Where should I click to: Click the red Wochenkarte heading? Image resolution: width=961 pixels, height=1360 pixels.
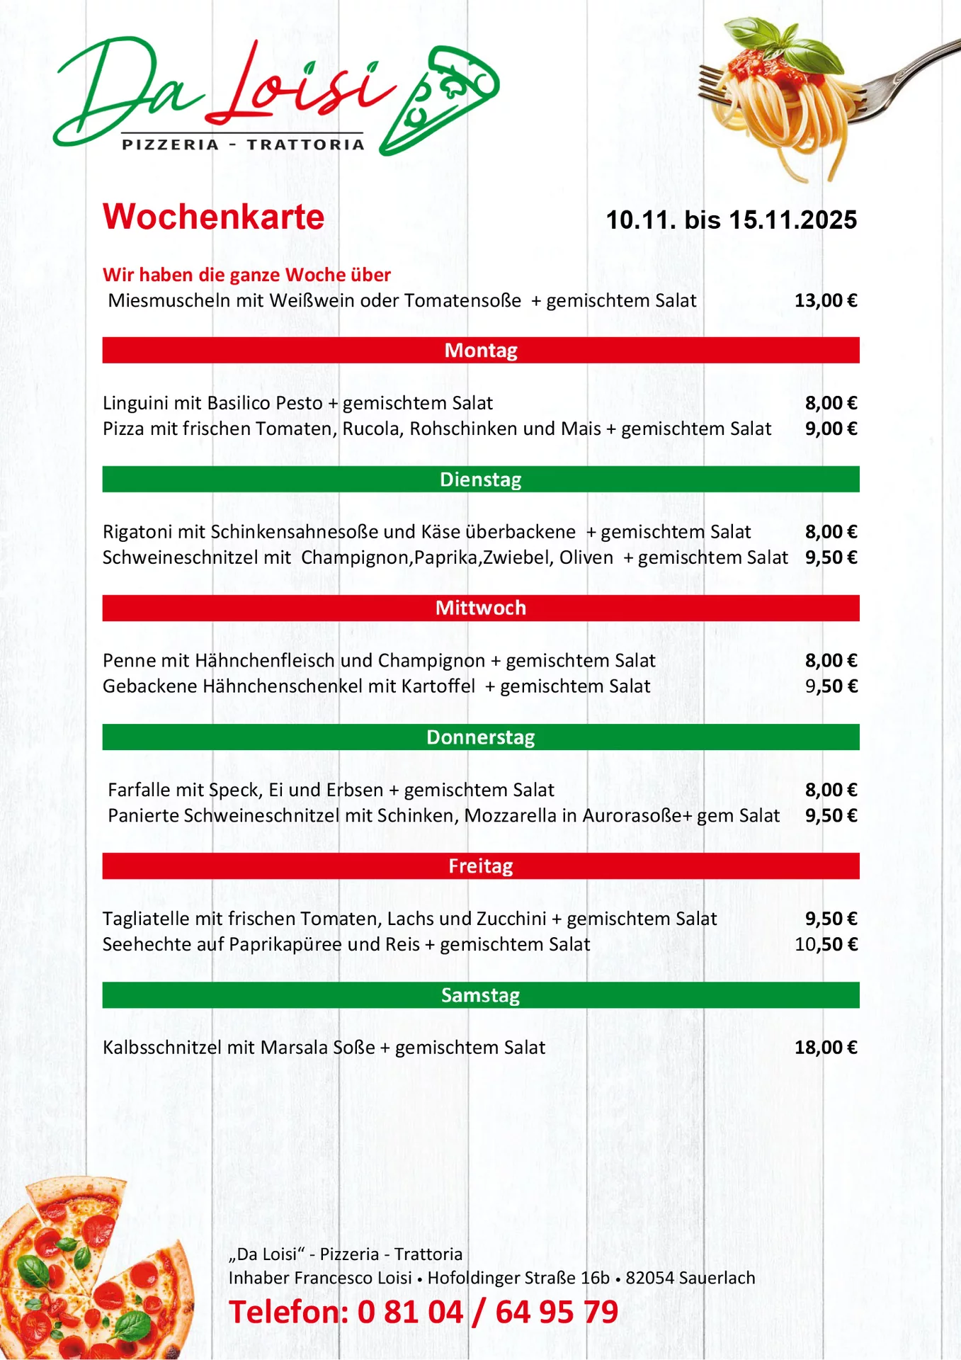213,217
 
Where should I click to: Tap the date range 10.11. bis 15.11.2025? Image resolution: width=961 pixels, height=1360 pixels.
731,220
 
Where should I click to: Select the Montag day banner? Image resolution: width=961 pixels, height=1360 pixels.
481,351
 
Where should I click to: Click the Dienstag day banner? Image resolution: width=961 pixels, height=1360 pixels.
481,480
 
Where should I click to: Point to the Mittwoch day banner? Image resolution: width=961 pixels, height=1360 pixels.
481,608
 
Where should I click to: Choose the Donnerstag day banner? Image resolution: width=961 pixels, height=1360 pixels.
481,737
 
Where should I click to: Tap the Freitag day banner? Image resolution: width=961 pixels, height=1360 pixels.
481,866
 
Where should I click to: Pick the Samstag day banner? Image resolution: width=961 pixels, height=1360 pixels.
481,995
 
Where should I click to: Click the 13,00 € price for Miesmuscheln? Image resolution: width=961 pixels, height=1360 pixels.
826,301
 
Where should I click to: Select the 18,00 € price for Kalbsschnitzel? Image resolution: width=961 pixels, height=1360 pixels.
826,1048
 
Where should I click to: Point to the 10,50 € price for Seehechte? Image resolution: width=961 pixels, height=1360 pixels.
826,944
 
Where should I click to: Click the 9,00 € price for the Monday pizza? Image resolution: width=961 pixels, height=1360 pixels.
831,429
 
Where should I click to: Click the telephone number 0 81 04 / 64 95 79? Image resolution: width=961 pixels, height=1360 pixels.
487,1313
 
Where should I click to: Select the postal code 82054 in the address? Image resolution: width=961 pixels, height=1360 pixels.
649,1279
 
